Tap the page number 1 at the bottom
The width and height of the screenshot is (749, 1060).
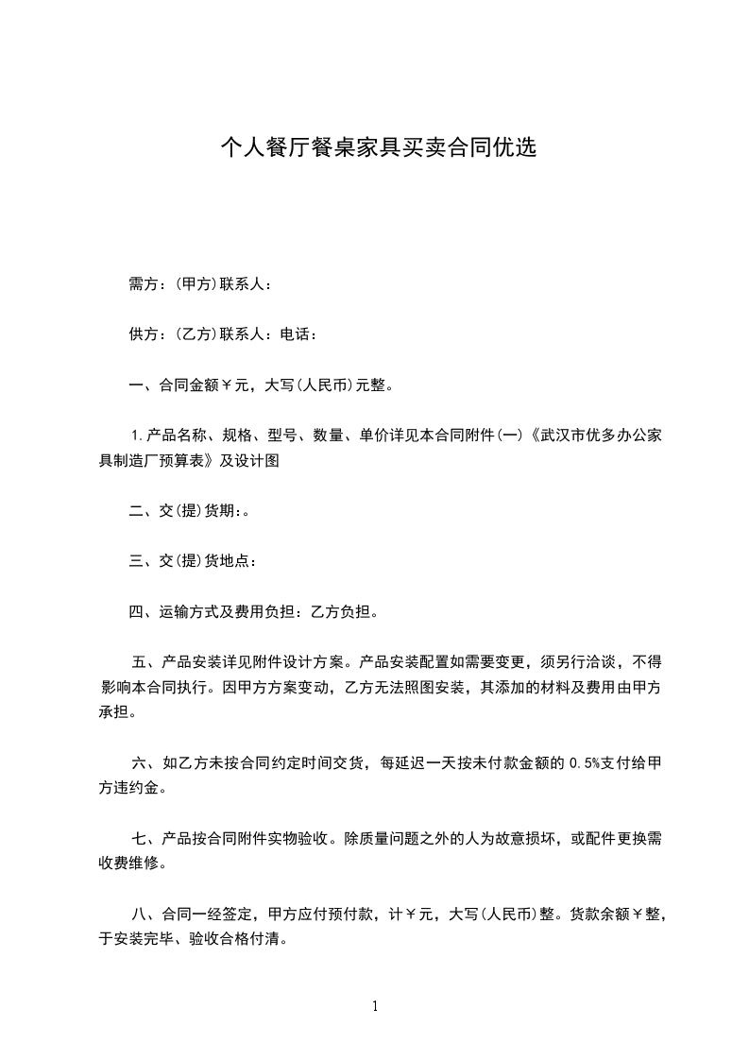[375, 1006]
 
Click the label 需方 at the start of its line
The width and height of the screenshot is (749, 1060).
[143, 283]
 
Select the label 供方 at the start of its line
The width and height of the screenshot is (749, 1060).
[143, 334]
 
